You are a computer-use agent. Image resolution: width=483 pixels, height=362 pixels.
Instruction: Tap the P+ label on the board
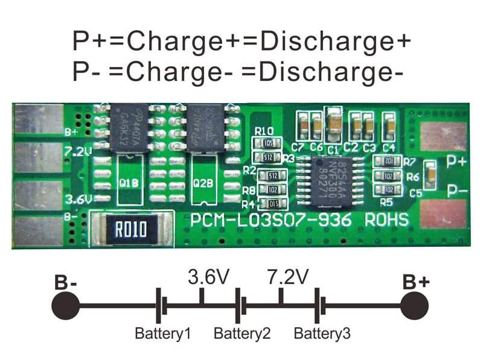point(456,162)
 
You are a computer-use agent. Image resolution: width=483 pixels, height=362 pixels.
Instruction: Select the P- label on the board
point(456,192)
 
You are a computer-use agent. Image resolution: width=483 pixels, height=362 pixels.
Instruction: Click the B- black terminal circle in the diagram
point(65,305)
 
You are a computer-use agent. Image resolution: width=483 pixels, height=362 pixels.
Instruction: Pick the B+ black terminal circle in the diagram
point(417,305)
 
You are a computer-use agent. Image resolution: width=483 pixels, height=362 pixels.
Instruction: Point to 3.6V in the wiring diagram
point(208,278)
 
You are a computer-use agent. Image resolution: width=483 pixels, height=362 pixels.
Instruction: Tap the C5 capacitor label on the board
point(416,194)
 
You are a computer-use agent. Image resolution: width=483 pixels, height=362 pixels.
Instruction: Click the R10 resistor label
point(264,131)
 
